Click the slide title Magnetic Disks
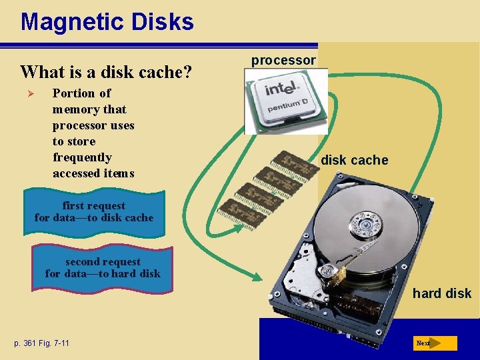point(107,22)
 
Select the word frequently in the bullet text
point(82,157)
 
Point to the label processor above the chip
point(283,60)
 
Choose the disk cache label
point(354,160)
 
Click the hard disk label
point(441,293)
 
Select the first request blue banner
point(94,213)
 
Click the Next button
point(436,343)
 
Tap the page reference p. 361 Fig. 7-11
point(41,343)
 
